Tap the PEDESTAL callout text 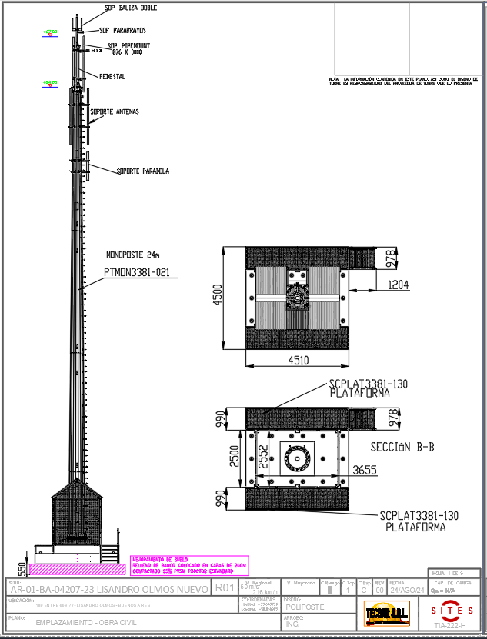click(x=112, y=77)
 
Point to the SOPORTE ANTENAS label click(x=115, y=112)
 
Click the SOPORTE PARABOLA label click(x=143, y=171)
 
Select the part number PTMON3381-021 click(x=136, y=272)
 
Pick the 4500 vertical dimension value click(x=218, y=295)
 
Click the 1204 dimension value click(x=397, y=285)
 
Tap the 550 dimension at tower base click(x=21, y=569)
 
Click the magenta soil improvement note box click(x=189, y=566)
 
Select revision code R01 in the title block click(x=224, y=588)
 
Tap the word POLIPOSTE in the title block click(x=305, y=607)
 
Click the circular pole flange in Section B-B click(x=296, y=459)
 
